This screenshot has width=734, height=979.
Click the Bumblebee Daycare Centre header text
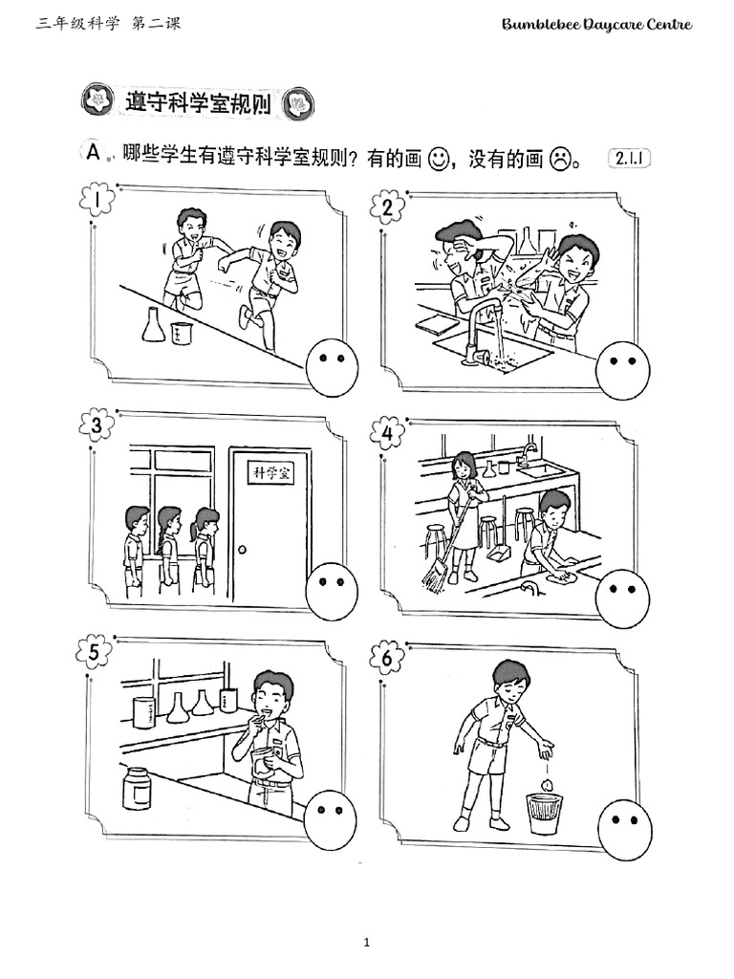596,25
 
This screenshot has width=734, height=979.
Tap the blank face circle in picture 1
332,368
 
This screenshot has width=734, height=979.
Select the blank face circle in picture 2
622,370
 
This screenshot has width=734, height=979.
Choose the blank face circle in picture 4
622,598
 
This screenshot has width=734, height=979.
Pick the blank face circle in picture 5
331,818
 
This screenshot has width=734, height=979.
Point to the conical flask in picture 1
154,325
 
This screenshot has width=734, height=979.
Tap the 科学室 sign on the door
271,472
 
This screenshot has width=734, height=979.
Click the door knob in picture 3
242,550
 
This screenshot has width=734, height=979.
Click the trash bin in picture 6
545,813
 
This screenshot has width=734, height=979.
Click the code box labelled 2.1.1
629,158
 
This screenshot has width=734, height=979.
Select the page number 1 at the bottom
366,942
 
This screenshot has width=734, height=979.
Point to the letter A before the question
93,152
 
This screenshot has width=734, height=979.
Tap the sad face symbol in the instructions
560,160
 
